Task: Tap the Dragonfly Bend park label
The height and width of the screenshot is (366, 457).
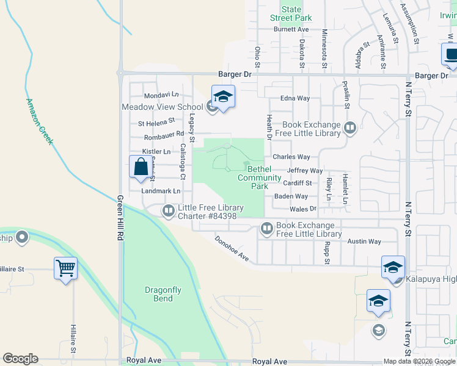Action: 159,294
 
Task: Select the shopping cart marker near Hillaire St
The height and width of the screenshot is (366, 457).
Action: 65,267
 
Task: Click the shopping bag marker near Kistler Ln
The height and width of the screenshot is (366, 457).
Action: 141,167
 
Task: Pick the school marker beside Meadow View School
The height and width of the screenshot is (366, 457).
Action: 223,96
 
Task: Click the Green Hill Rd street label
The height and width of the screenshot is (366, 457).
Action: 120,219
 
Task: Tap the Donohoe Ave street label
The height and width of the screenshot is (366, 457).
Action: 232,249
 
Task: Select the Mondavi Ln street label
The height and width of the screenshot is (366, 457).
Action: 161,96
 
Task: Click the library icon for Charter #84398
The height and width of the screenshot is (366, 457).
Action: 169,211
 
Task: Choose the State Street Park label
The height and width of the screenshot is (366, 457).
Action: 291,13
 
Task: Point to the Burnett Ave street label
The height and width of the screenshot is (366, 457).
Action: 291,29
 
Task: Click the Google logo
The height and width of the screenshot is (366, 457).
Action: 20,359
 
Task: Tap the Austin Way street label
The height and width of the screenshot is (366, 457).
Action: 364,242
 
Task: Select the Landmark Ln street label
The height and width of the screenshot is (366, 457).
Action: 161,191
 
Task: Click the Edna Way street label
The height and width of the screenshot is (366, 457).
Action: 294,98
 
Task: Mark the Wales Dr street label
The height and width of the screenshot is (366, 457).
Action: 303,209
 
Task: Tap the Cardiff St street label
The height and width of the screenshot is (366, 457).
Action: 298,183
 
